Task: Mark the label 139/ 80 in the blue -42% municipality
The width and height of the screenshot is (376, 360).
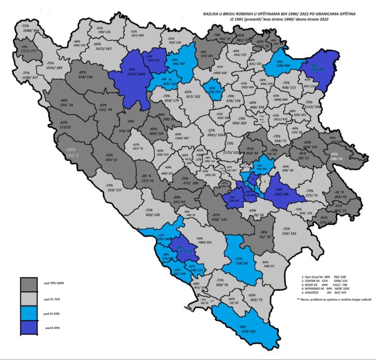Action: coord(239,264)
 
